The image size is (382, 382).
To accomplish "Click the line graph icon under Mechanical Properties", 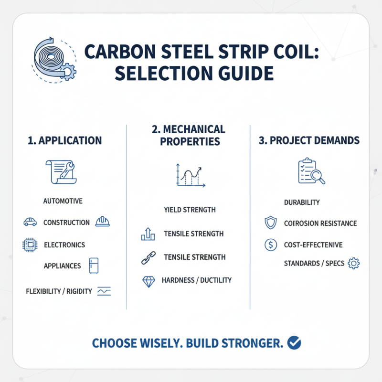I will click(x=190, y=176).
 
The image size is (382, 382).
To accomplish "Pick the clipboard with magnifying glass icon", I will click(x=311, y=171).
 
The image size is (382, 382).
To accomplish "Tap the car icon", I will click(x=30, y=222).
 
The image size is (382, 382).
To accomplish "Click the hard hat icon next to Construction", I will click(x=103, y=222).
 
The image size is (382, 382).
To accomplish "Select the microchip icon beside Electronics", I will click(x=30, y=245).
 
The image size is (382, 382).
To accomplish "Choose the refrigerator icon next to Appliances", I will click(x=94, y=266).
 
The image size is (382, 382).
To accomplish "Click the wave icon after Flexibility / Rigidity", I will click(x=104, y=291).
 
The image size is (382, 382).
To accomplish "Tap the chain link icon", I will click(x=146, y=258).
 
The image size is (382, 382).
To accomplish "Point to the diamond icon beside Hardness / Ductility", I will click(x=148, y=281).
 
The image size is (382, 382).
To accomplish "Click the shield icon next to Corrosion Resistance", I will click(x=270, y=223).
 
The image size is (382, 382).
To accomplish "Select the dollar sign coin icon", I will click(x=270, y=245).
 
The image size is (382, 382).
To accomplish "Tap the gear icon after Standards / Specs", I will click(x=354, y=263).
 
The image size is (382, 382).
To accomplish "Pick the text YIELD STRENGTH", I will click(x=190, y=210).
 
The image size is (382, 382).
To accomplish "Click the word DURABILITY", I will click(x=302, y=202).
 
